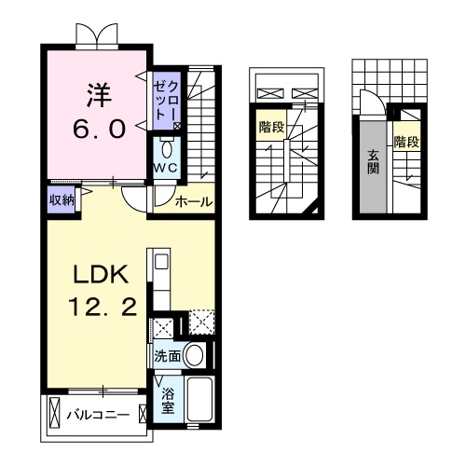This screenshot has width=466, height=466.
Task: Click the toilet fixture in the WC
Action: pos(168,149)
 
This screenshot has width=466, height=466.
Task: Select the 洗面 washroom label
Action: pos(168,355)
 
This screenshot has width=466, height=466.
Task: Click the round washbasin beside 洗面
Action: pos(195,355)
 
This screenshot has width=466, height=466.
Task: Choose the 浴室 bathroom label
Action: pos(168,401)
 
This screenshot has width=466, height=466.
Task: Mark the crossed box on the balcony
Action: pos(54,412)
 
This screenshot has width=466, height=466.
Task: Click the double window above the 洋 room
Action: pos(98,34)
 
